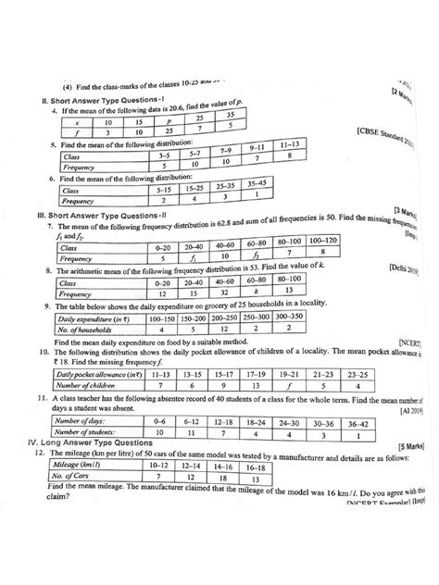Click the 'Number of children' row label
[x=90, y=386]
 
